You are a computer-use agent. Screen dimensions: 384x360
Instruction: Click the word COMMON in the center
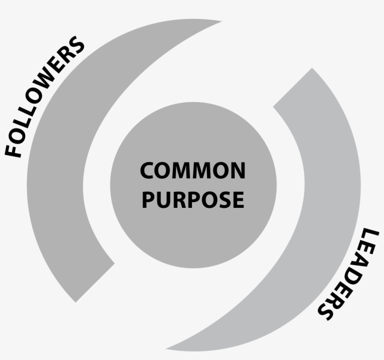pos(193,170)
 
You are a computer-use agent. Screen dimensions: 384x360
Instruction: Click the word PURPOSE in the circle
pos(193,199)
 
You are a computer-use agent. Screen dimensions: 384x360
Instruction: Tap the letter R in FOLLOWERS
pos(66,55)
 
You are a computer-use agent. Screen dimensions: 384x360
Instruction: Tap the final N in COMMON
pos(237,170)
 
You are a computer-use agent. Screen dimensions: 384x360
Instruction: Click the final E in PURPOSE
pos(238,199)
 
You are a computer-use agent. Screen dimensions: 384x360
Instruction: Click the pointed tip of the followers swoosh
pos(222,22)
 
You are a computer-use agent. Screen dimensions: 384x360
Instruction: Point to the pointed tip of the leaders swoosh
pos(166,348)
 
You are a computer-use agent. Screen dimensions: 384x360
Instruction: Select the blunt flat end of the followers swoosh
pos(95,283)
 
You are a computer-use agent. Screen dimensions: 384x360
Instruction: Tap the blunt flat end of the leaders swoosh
pos(292,88)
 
